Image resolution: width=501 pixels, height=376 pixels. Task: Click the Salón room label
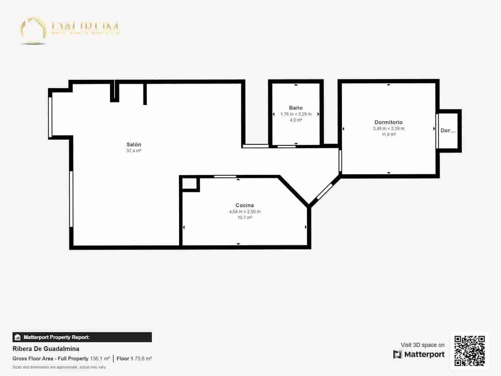tap(134, 144)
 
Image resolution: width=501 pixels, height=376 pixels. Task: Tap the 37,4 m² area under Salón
tap(134, 151)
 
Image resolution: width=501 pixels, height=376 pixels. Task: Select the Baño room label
tap(296, 108)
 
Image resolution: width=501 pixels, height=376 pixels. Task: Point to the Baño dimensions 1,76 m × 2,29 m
tap(296, 114)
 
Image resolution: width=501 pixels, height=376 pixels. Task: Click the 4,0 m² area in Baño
tap(296, 120)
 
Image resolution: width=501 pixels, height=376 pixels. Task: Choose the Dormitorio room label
tap(388, 122)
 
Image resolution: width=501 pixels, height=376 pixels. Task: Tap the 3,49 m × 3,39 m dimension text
tap(388, 128)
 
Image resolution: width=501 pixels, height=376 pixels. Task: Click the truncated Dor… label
tap(448, 131)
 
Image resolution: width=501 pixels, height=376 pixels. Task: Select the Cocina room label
tap(244, 205)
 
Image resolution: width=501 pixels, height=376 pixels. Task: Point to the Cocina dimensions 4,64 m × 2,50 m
tap(244, 212)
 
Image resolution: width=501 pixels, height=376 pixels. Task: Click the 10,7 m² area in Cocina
tap(244, 218)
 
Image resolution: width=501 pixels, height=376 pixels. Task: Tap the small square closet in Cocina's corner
tap(189, 183)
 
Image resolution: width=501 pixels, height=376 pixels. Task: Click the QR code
tap(469, 351)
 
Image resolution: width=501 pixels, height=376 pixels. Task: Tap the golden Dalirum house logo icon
tap(33, 30)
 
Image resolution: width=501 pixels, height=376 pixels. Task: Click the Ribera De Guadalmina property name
tap(46, 349)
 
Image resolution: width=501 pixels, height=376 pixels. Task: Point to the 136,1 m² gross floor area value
tap(100, 359)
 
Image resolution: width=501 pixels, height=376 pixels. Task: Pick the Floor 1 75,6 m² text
tap(134, 359)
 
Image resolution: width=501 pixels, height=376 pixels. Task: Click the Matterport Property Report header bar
tap(82, 337)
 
